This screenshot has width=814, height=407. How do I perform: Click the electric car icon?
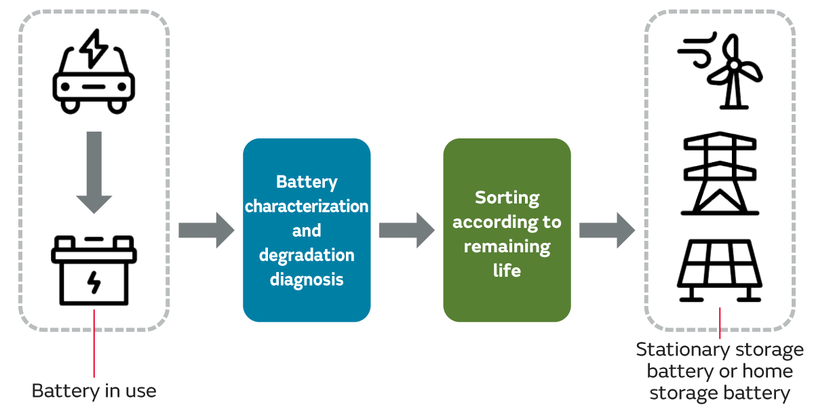94,84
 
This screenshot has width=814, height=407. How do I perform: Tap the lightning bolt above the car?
93,47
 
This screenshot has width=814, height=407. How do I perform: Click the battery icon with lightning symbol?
94,271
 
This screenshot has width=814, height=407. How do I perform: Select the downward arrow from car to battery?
94,172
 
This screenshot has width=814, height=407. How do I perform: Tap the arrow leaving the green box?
606,230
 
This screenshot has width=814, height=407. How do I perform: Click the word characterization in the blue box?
307,206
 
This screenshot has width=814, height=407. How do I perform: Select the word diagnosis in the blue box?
307,279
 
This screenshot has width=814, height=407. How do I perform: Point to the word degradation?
307,255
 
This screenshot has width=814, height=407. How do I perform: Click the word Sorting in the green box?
507,197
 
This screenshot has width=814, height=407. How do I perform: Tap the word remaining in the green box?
507,246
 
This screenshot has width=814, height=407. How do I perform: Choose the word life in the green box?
507,270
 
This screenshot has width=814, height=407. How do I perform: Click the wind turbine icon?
722,71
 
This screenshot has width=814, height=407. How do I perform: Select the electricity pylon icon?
720,173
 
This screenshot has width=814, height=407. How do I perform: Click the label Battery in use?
94,391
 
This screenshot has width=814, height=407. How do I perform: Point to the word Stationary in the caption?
676,350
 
